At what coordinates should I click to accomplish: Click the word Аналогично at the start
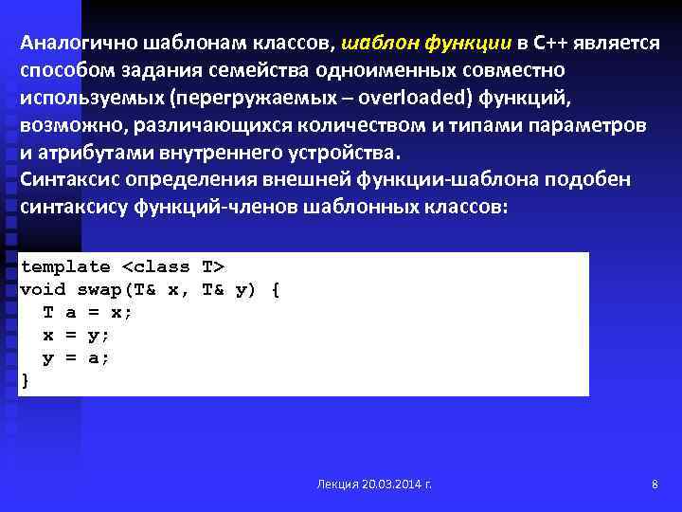click(x=79, y=44)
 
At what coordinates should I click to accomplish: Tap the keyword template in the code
click(x=65, y=267)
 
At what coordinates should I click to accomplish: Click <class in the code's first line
click(x=157, y=267)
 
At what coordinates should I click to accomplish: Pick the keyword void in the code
click(x=43, y=290)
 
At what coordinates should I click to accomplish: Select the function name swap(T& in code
click(x=118, y=290)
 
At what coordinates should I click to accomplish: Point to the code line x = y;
click(x=77, y=336)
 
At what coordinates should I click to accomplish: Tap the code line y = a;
click(x=77, y=358)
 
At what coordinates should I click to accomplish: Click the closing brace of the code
click(x=26, y=380)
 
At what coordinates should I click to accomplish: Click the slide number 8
click(x=655, y=485)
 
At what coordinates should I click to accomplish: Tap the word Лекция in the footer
click(x=333, y=485)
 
